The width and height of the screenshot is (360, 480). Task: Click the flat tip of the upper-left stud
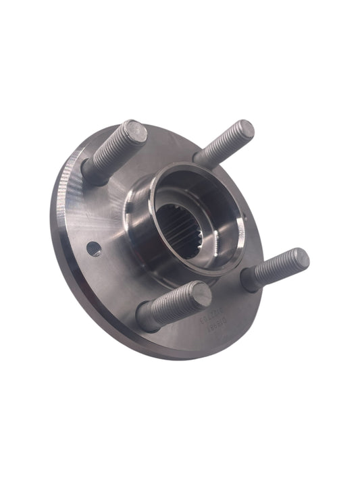pos(136,130)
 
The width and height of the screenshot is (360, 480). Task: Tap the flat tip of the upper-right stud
pos(245,129)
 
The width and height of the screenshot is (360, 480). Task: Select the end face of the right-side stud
pos(297,258)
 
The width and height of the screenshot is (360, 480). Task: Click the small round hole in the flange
pos(95,248)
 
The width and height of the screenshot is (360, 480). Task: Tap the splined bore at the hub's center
pos(177,226)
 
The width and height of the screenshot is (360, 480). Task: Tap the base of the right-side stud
pos(251,279)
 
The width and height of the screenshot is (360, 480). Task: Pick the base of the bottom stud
pos(146,317)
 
